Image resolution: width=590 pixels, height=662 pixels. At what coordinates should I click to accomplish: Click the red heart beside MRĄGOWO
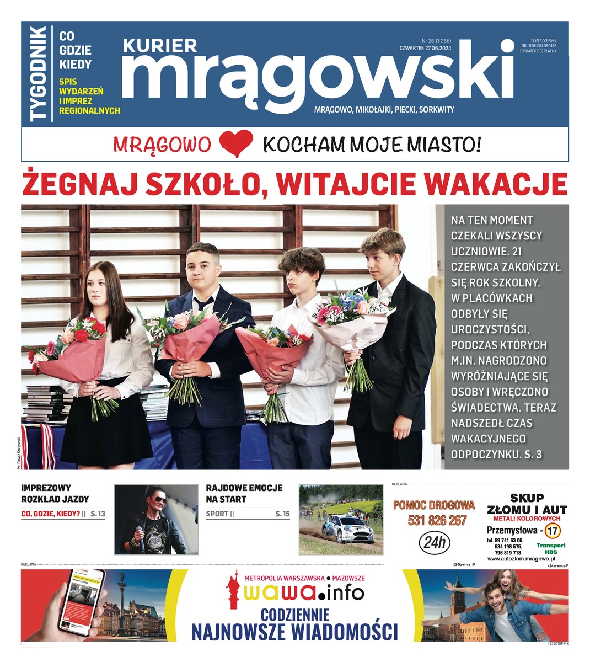tap(236, 144)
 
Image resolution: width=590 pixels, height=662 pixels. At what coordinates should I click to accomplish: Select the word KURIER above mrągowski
tap(159, 46)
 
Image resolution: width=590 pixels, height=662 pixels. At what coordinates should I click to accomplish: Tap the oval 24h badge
tap(435, 543)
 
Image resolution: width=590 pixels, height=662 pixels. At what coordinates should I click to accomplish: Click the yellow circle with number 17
tap(555, 531)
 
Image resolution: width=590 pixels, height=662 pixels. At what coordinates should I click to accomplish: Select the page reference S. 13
tap(98, 514)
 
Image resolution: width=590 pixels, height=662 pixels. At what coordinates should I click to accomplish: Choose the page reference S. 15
tap(282, 514)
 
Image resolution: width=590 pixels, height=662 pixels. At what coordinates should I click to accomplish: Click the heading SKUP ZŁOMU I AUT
tap(527, 504)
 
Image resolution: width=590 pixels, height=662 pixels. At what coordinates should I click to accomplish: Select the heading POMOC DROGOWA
tap(433, 505)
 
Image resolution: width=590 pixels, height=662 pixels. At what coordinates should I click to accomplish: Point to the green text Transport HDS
tap(551, 548)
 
